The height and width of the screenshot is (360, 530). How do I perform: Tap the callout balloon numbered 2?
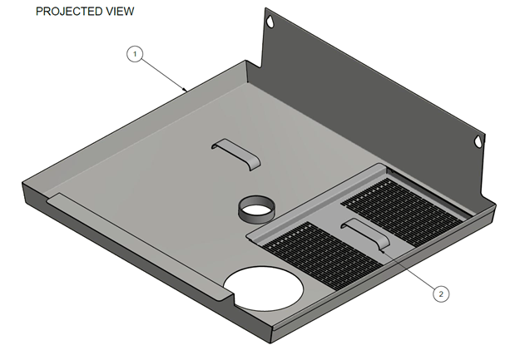[x=441, y=293]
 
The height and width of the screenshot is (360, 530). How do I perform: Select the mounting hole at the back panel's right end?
[x=479, y=141]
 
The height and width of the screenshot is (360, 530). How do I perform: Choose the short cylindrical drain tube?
[x=252, y=208]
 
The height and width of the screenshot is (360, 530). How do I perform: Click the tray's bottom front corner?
[x=275, y=338]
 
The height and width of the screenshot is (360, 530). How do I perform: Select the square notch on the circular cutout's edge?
[x=231, y=291]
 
